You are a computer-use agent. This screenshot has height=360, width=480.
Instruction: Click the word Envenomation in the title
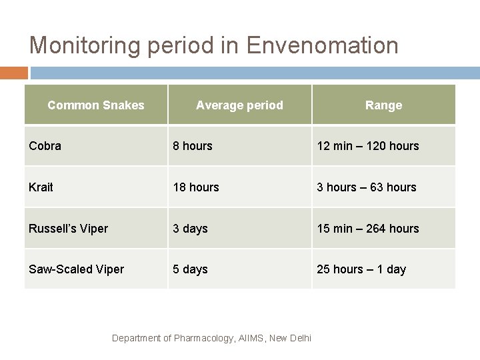pyautogui.click(x=322, y=45)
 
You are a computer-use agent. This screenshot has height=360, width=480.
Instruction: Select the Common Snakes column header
pyautogui.click(x=96, y=105)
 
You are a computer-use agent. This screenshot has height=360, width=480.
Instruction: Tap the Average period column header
pyautogui.click(x=239, y=105)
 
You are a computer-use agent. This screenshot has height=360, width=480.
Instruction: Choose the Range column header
pyautogui.click(x=383, y=105)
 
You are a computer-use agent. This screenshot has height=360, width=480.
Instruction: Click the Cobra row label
pyautogui.click(x=45, y=145)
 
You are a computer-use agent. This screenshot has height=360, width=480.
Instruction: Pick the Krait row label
pyautogui.click(x=41, y=187)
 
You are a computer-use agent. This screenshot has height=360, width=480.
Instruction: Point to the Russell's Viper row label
pyautogui.click(x=68, y=228)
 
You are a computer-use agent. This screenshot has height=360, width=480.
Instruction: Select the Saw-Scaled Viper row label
pyautogui.click(x=77, y=269)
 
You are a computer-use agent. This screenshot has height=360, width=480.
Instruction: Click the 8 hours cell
pyautogui.click(x=193, y=145)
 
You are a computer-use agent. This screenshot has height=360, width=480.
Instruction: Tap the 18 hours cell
pyautogui.click(x=196, y=187)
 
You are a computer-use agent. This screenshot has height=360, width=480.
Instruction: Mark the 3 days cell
pyautogui.click(x=191, y=228)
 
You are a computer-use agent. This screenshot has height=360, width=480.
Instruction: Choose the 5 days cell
pyautogui.click(x=191, y=269)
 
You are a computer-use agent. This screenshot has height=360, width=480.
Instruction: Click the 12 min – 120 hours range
pyautogui.click(x=368, y=145)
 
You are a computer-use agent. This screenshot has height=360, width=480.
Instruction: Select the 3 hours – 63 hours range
pyautogui.click(x=367, y=187)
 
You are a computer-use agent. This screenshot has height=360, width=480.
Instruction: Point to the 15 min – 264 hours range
pyautogui.click(x=368, y=228)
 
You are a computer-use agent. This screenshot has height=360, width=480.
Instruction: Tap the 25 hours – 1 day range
pyautogui.click(x=361, y=269)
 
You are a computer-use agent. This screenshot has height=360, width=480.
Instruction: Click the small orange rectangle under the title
pyautogui.click(x=14, y=73)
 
